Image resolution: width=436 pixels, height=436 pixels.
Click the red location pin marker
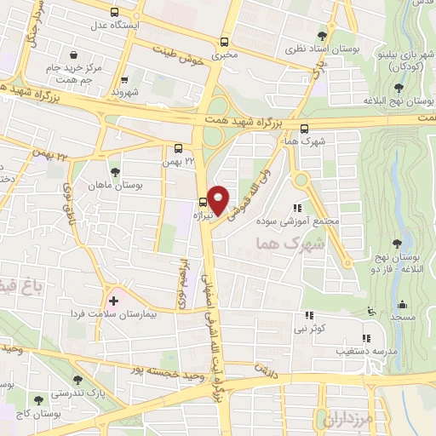220,200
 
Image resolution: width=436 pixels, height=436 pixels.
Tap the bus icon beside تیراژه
202,202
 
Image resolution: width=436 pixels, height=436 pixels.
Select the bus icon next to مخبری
224,42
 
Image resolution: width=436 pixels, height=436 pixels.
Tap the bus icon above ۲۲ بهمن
178,146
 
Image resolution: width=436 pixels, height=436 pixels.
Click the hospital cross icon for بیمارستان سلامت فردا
113,301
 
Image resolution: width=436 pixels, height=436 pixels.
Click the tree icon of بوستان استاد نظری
321,35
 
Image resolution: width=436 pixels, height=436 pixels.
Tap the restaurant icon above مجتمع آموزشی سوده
297,207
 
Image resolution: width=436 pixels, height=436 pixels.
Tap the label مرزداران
344,418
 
